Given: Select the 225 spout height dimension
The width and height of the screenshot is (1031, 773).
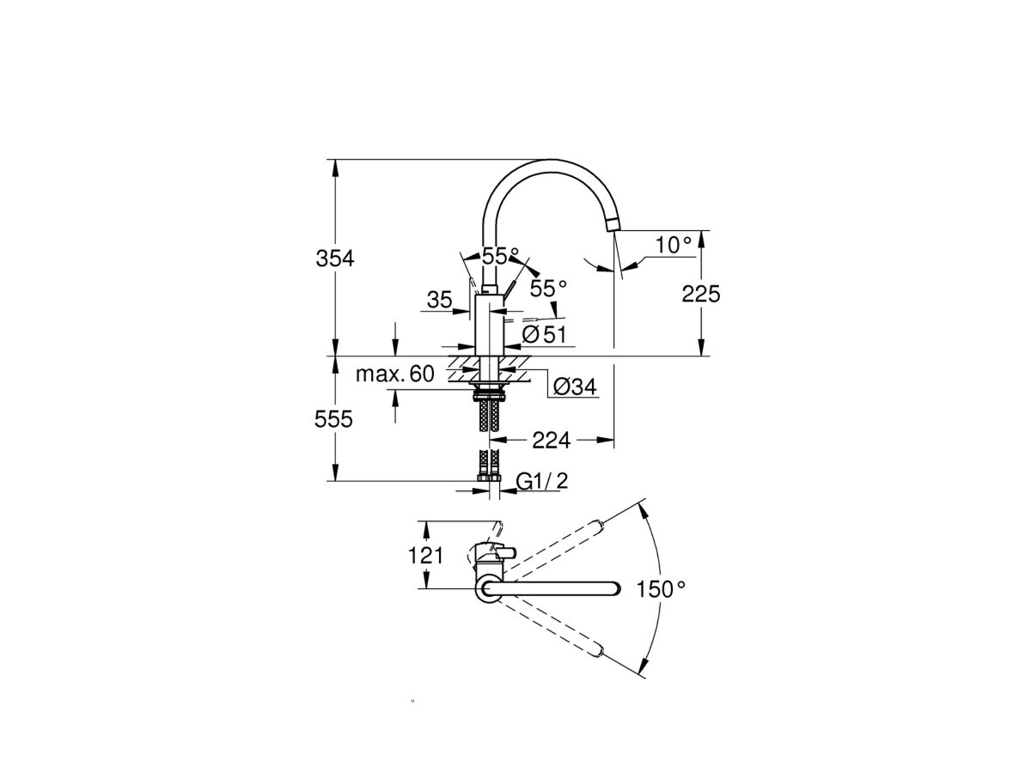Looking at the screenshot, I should (x=700, y=294).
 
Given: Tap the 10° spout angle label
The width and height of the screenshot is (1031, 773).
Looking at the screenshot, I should (x=673, y=246).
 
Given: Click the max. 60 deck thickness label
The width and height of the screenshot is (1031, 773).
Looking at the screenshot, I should (x=396, y=374).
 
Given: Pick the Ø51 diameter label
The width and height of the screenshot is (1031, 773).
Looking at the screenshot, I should (x=545, y=333).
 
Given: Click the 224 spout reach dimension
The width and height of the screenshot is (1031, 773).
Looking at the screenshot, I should (x=552, y=440).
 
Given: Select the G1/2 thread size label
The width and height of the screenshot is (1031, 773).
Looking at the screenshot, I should (x=542, y=481).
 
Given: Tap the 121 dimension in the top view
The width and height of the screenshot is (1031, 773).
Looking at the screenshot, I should (x=425, y=555).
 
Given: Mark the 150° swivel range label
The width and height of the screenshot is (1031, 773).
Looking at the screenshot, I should (x=662, y=589).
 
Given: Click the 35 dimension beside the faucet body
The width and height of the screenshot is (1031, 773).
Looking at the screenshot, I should (x=439, y=300).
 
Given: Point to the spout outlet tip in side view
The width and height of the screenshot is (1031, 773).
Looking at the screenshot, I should (x=612, y=225).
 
